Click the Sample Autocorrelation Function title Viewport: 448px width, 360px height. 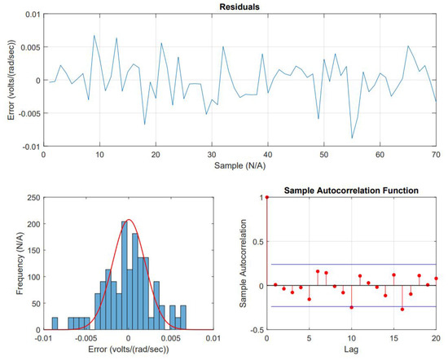pyautogui.click(x=351, y=190)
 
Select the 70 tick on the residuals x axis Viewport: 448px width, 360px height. pyautogui.click(x=436, y=155)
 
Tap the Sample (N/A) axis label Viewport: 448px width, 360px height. pyautogui.click(x=239, y=166)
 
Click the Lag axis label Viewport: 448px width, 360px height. pyautogui.click(x=351, y=352)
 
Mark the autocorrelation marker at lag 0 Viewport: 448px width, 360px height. pyautogui.click(x=267, y=197)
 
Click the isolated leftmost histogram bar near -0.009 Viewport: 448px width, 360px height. pyautogui.click(x=55, y=324)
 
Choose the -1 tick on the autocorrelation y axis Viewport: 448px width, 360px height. pyautogui.click(x=259, y=330)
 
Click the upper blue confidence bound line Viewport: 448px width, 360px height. pyautogui.click(x=351, y=264)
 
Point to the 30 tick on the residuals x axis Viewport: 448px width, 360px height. pyautogui.click(x=211, y=155)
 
